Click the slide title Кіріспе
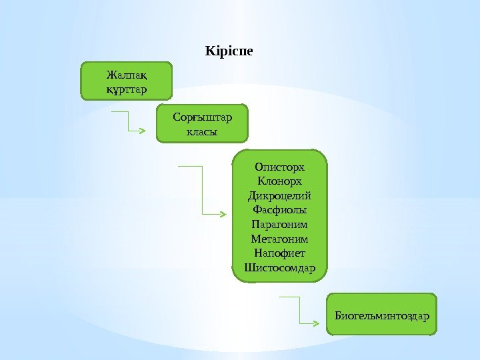(229, 51)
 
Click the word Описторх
(279, 167)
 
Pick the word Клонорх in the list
(279, 181)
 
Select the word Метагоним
(279, 239)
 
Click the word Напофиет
(279, 253)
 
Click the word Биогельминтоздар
(382, 313)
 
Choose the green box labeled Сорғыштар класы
(202, 123)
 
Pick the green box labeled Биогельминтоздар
(382, 313)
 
